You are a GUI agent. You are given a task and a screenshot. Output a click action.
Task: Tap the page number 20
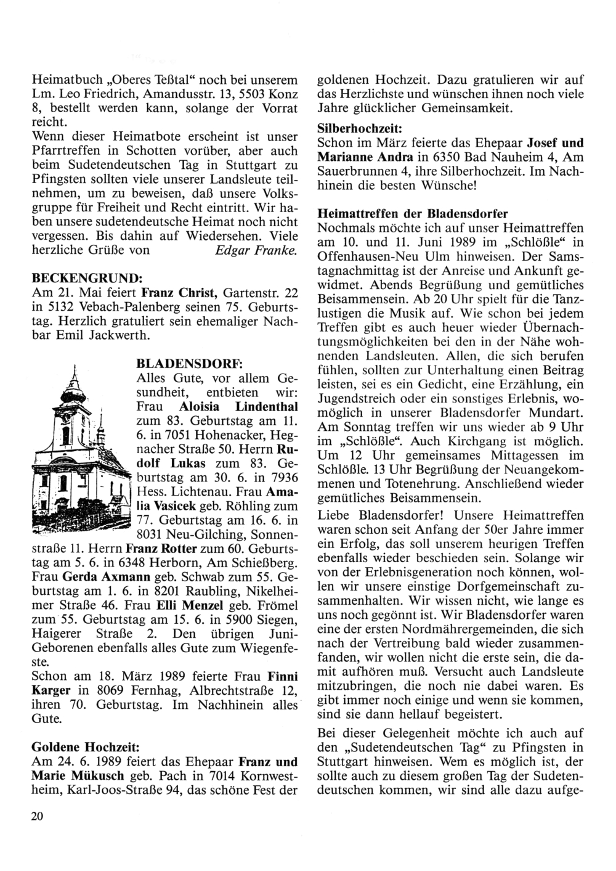coord(37,817)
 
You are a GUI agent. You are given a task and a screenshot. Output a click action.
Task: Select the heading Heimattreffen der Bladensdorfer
coord(413,214)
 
